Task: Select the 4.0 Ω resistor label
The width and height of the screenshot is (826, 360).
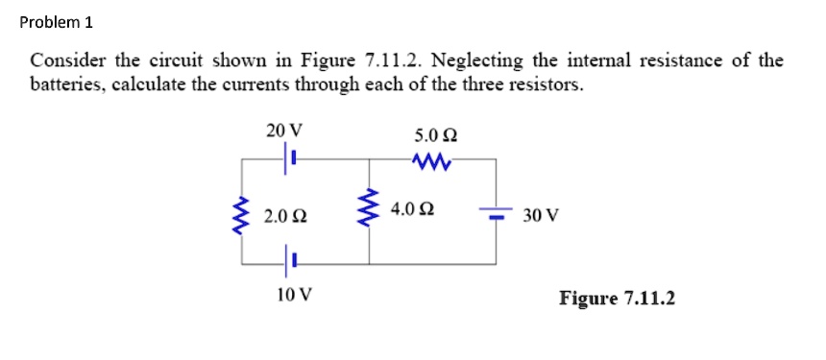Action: click(x=413, y=208)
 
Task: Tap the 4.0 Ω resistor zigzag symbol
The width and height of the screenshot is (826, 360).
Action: click(x=370, y=210)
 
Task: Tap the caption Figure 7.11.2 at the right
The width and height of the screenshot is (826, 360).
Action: click(x=617, y=299)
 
